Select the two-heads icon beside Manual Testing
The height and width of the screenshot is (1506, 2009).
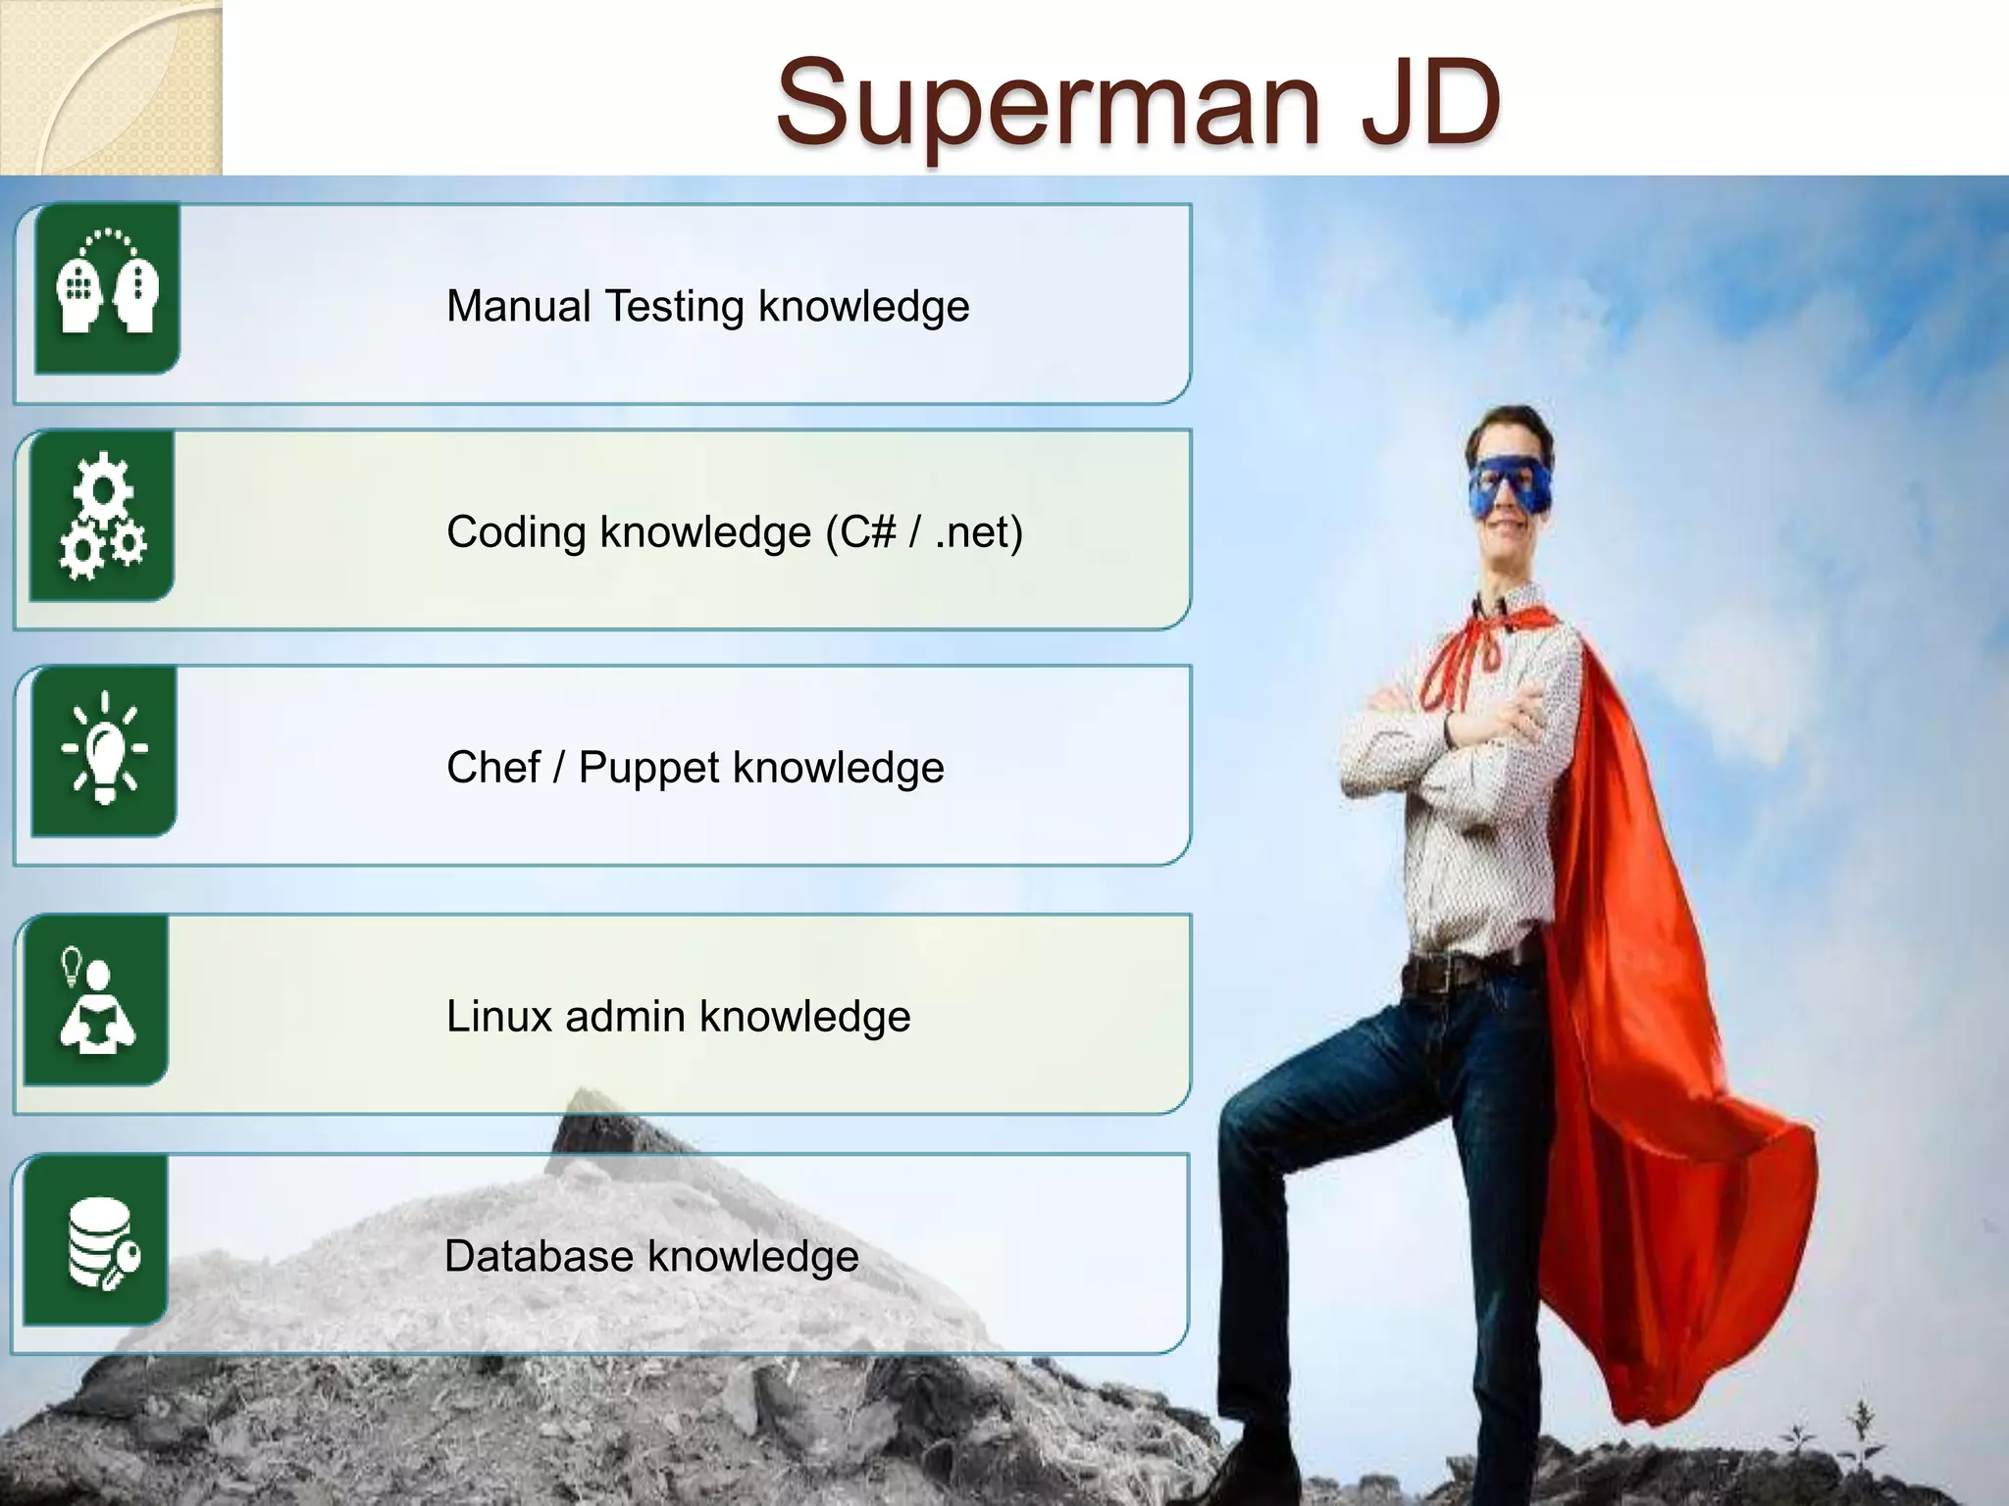pos(107,287)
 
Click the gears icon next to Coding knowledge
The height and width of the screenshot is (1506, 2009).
pos(102,516)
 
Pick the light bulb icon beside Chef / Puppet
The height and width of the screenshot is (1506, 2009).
pos(104,750)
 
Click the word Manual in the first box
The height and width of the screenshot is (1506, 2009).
pos(519,306)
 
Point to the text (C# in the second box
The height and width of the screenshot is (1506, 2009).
pos(861,532)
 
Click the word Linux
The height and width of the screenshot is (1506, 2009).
pos(499,1017)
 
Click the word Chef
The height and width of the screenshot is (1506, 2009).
pos(492,768)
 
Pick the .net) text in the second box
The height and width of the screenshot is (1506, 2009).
pos(978,532)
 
